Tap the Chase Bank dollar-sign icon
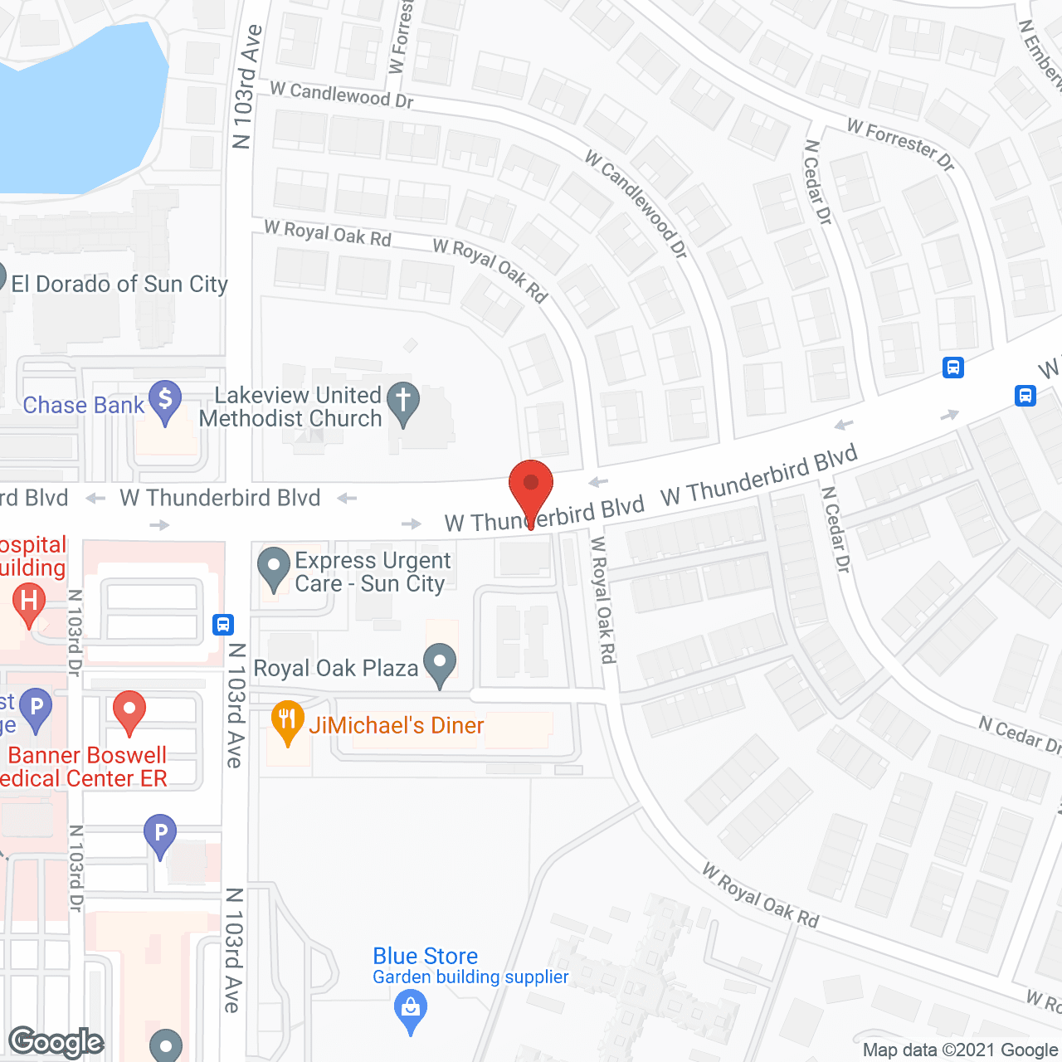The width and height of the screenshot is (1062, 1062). point(165,400)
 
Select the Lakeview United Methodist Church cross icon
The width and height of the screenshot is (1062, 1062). point(403,402)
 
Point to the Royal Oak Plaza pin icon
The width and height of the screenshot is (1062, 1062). point(440,664)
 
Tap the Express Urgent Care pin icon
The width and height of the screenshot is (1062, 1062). point(273,567)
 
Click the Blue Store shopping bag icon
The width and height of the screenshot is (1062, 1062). point(411,1010)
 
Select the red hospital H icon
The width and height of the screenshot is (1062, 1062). point(29,601)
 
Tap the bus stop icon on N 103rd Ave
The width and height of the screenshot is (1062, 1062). point(222,624)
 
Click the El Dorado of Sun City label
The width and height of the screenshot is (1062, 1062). point(119,285)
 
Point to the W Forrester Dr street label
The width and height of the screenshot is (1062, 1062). point(901,144)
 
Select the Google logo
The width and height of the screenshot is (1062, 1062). point(56,1042)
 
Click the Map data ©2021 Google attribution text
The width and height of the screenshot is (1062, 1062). point(961,1050)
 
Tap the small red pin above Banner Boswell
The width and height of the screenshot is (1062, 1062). point(129,711)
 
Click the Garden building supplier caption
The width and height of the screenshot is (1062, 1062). point(470,977)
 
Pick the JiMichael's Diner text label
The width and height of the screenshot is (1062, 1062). point(396,725)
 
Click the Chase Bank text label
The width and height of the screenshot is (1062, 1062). point(84,405)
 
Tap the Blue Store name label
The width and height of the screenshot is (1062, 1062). point(425,956)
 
